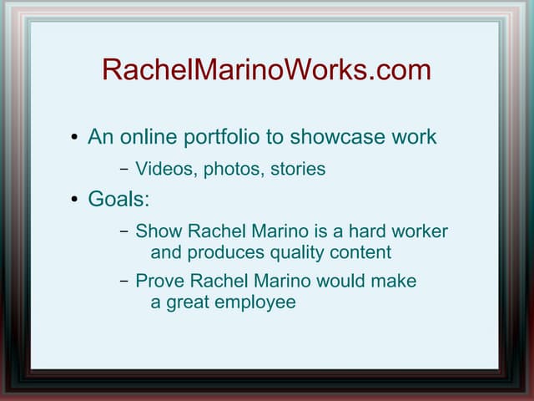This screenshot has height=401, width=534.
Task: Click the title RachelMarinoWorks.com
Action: pyautogui.click(x=266, y=70)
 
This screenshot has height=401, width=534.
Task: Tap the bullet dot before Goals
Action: pyautogui.click(x=74, y=200)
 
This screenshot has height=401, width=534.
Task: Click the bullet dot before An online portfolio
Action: pyautogui.click(x=74, y=137)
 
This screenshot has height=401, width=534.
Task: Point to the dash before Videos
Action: pyautogui.click(x=123, y=170)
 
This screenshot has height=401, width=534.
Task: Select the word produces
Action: pyautogui.click(x=221, y=252)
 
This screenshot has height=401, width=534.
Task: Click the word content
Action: pyautogui.click(x=361, y=252)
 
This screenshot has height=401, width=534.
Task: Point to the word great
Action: pyautogui.click(x=186, y=302)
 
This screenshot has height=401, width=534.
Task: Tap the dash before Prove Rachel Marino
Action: pyautogui.click(x=123, y=282)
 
